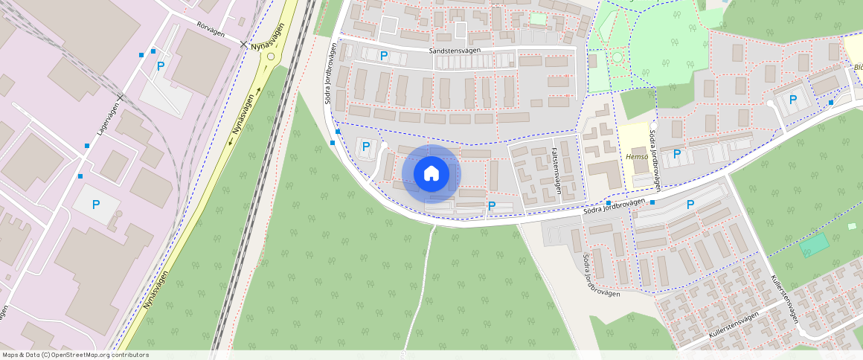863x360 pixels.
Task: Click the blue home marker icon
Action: click(x=431, y=174)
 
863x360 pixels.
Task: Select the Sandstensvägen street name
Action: click(x=455, y=51)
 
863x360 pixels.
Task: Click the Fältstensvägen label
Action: click(x=556, y=170)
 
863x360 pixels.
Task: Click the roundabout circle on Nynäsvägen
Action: click(x=271, y=56)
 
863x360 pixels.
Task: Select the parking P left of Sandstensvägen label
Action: click(x=384, y=55)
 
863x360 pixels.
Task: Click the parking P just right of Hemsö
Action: click(x=676, y=154)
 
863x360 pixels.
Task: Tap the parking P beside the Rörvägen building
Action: click(x=161, y=65)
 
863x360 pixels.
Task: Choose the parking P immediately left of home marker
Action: click(x=365, y=147)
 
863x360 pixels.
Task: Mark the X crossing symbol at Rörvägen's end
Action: click(x=244, y=45)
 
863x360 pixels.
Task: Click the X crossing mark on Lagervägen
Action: click(x=120, y=97)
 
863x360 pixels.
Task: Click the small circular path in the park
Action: click(x=616, y=57)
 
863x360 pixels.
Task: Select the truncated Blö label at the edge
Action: click(x=858, y=68)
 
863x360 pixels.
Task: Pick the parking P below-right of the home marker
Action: click(x=491, y=205)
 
